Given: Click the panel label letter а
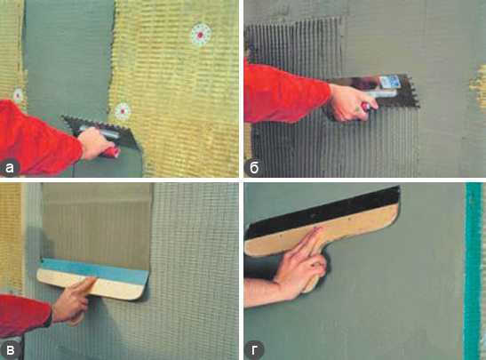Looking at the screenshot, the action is click(10, 168).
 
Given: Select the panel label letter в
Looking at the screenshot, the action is click(11, 350).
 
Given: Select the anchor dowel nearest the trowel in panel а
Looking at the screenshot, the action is click(123, 111).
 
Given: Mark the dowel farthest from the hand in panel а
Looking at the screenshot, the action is click(201, 34).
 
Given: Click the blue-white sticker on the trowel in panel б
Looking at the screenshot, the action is click(389, 82).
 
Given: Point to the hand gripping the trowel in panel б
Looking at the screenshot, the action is click(352, 102).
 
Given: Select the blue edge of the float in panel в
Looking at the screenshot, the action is click(95, 270).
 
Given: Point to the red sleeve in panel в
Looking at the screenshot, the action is click(23, 316).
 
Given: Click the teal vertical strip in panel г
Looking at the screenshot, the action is click(474, 271).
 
